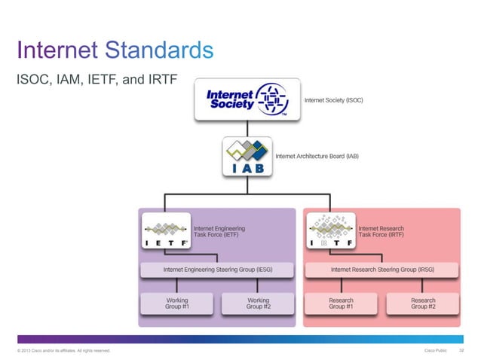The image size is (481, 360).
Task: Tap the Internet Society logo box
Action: (247, 101)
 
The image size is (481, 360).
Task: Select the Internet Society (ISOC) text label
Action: (333, 100)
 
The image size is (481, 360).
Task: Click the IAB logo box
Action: (247, 157)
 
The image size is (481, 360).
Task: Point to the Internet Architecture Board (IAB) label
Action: (317, 157)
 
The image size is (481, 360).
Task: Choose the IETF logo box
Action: (167, 232)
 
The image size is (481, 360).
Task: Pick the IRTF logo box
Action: (329, 232)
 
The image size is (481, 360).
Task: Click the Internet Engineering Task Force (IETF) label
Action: (219, 231)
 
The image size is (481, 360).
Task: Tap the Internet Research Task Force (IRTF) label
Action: (381, 231)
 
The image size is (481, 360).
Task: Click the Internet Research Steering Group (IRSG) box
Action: (381, 268)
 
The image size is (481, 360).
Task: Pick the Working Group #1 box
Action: (176, 303)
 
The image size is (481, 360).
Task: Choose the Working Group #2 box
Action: (258, 303)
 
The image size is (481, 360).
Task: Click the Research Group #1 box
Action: (341, 303)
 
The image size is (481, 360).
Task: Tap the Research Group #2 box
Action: (422, 303)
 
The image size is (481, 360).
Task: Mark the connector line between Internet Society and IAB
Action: (247, 129)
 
